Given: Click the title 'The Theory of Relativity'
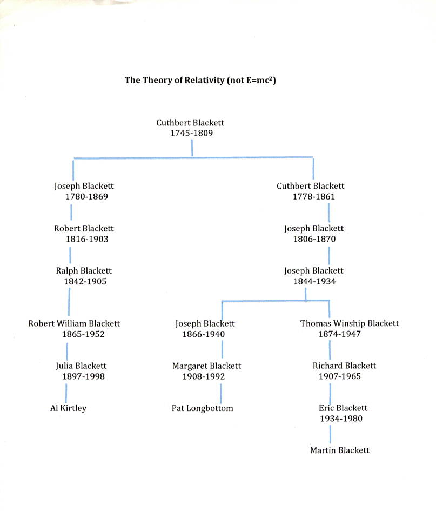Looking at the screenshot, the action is click(175, 81).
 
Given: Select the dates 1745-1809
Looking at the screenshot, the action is click(192, 133).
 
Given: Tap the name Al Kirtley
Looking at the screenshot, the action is click(68, 408).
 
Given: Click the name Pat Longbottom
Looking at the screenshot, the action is click(202, 408).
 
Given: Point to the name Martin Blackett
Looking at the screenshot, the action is click(340, 450).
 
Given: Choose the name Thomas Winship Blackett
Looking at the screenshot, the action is click(350, 323).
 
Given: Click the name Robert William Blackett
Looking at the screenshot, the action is click(74, 323).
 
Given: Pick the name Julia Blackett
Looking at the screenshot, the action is click(81, 366).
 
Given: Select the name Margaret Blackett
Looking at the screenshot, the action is click(206, 366).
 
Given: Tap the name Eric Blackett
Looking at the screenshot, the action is click(343, 408).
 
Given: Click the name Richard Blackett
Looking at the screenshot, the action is click(345, 366).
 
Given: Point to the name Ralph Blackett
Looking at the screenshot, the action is click(84, 271).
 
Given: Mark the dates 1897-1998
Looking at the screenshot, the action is click(83, 376).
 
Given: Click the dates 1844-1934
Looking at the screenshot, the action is click(314, 282).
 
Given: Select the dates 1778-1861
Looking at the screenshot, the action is click(314, 197).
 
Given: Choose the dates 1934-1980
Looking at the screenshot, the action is click(341, 419).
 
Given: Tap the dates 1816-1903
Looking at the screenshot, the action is click(87, 239).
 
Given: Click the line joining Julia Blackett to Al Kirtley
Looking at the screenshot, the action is click(66, 393).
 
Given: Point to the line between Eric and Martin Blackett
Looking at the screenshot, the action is click(330, 434).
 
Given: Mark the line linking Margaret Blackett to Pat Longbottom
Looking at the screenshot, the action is click(221, 393).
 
